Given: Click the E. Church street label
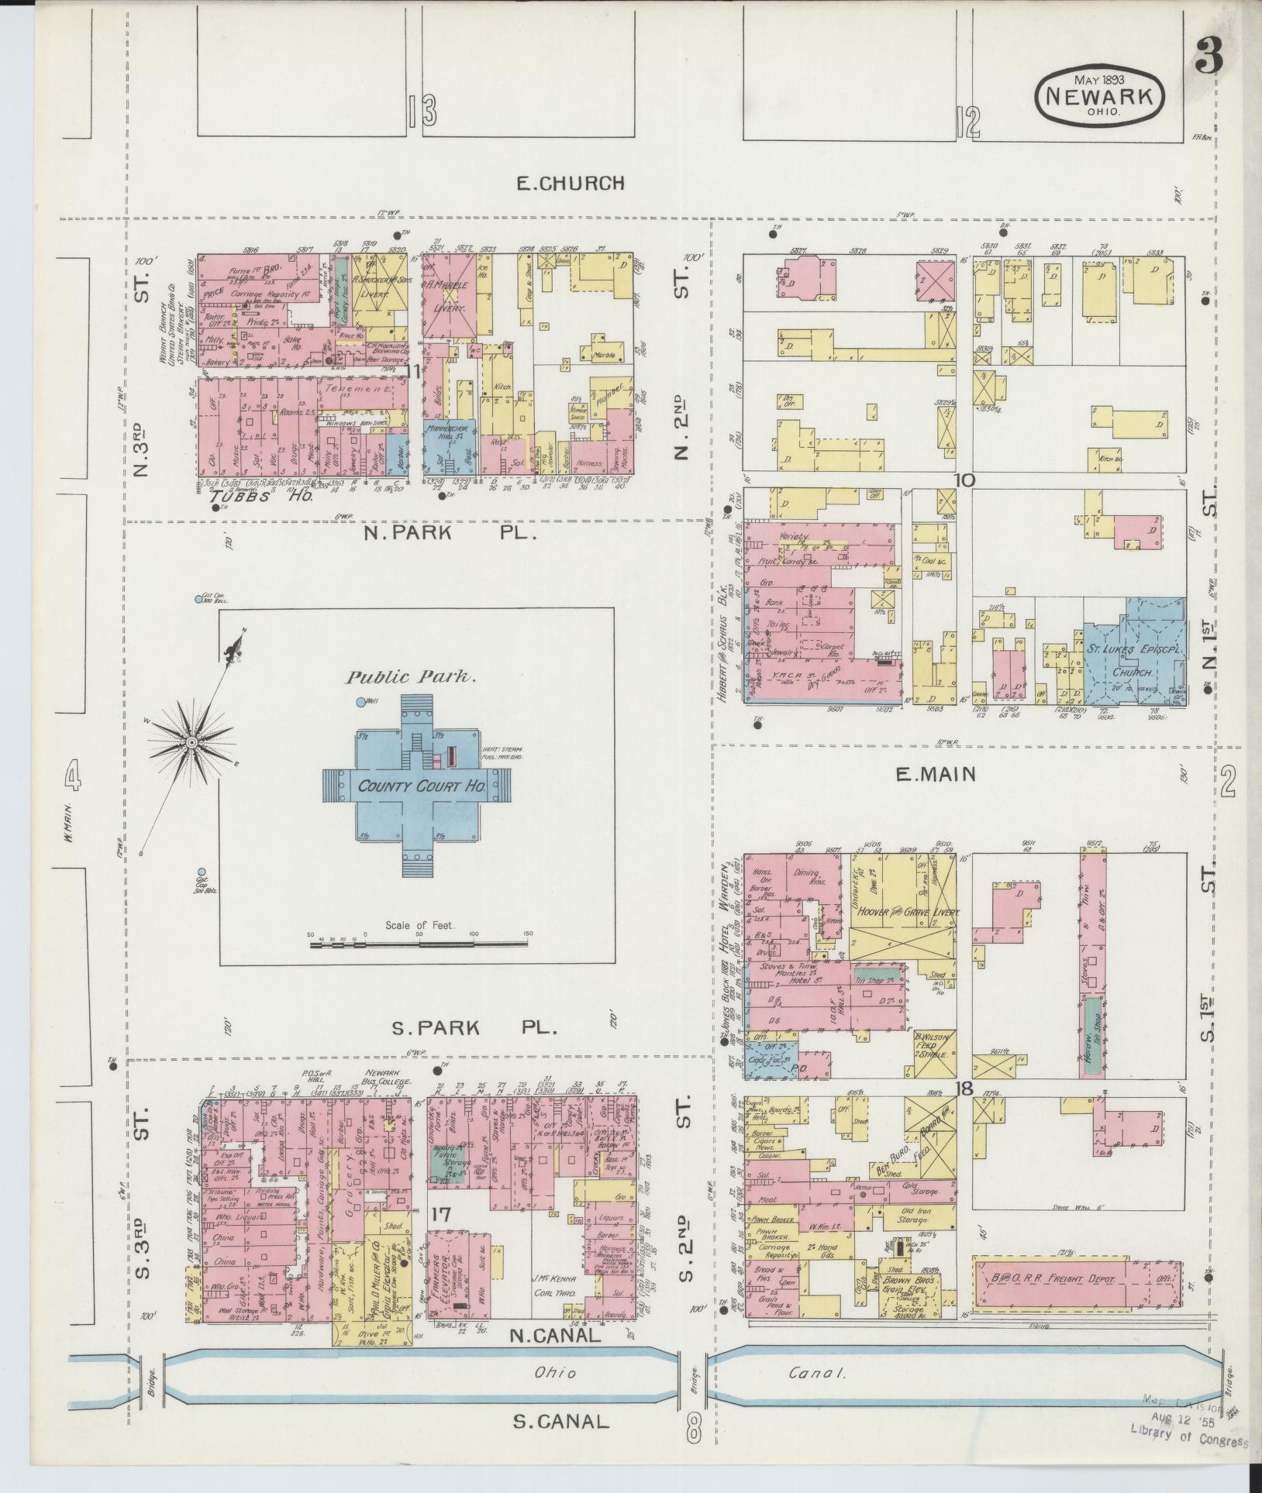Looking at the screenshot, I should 571,184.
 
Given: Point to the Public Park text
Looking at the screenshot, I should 410,676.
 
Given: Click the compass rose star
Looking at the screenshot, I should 191,743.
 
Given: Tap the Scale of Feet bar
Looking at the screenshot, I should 419,945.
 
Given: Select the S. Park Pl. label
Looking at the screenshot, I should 474,1029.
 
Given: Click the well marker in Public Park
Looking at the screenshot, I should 360,702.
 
